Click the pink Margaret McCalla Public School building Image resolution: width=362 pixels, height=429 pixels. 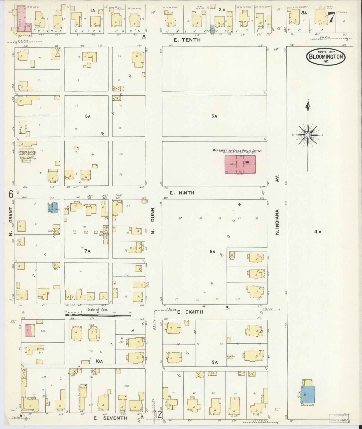240,164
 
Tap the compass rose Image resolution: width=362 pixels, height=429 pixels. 308,135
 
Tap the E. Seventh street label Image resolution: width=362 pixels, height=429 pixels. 110,418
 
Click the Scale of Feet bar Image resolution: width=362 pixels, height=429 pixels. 98,315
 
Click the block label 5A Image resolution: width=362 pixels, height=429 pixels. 214,116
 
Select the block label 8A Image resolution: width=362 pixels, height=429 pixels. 212,252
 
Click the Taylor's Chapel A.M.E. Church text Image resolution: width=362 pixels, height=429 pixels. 27,153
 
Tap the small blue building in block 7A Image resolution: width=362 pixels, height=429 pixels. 53,208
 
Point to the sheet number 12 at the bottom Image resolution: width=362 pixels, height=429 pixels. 158,415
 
